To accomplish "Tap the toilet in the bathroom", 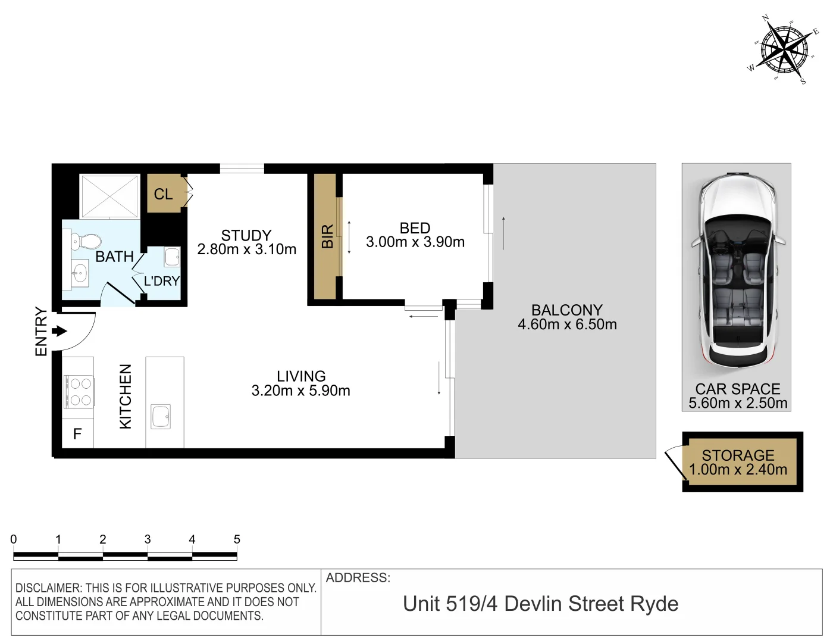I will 86,242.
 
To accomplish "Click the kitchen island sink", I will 161,416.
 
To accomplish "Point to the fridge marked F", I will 77,434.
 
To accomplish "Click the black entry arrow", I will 59,331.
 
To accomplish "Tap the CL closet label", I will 163,194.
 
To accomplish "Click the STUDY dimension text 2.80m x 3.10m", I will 246,249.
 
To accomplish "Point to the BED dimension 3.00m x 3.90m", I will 415,242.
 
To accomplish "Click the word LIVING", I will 301,376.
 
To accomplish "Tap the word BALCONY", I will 566,310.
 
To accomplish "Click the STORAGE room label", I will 738,455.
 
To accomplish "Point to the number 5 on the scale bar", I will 237,539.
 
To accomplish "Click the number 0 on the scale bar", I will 14,539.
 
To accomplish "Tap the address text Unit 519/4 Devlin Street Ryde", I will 540,604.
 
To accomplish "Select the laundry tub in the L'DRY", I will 173,257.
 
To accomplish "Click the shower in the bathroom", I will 110,196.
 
